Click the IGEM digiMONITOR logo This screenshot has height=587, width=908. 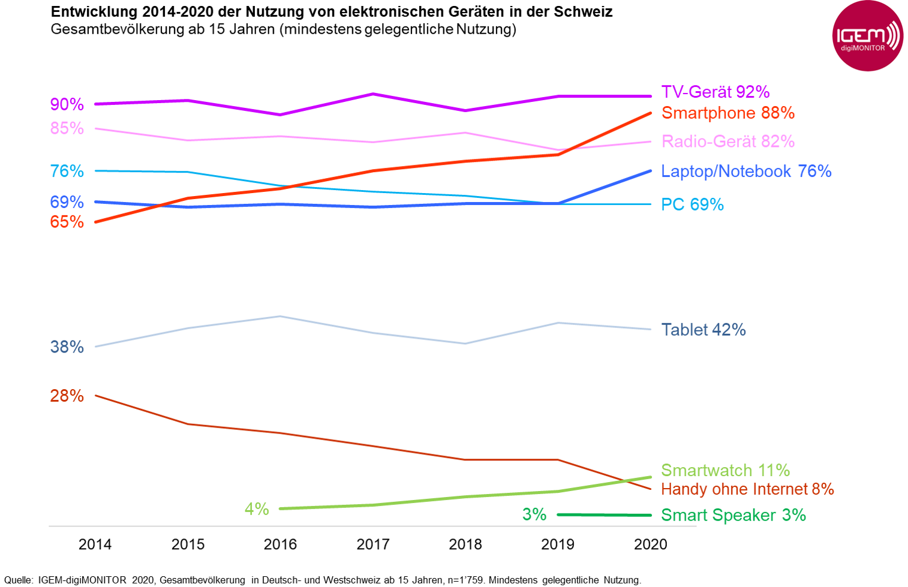pyautogui.click(x=867, y=36)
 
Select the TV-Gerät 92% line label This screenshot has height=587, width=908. pyautogui.click(x=715, y=92)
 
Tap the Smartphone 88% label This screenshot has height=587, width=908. pyautogui.click(x=727, y=113)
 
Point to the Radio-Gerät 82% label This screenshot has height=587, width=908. pyautogui.click(x=727, y=142)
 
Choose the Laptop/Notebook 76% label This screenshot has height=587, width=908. pyautogui.click(x=745, y=171)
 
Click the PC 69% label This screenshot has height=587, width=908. pyautogui.click(x=692, y=204)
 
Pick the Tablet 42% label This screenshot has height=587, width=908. pyautogui.click(x=703, y=330)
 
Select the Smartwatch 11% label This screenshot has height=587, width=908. pyautogui.click(x=725, y=470)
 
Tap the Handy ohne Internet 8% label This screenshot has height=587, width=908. pyautogui.click(x=747, y=489)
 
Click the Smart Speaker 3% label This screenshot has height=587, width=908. pyautogui.click(x=733, y=515)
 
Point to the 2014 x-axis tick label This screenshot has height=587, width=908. pyautogui.click(x=95, y=544)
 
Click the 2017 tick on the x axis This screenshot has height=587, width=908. pyautogui.click(x=373, y=544)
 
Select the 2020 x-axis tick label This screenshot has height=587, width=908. pyautogui.click(x=651, y=544)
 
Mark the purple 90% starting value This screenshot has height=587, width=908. pyautogui.click(x=67, y=104)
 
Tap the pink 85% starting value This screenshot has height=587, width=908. pyautogui.click(x=67, y=128)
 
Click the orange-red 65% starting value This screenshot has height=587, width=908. pyautogui.click(x=67, y=222)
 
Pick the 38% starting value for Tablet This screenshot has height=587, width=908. pyautogui.click(x=67, y=347)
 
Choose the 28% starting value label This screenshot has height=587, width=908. pyautogui.click(x=67, y=396)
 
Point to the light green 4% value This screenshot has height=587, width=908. pyautogui.click(x=257, y=509)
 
